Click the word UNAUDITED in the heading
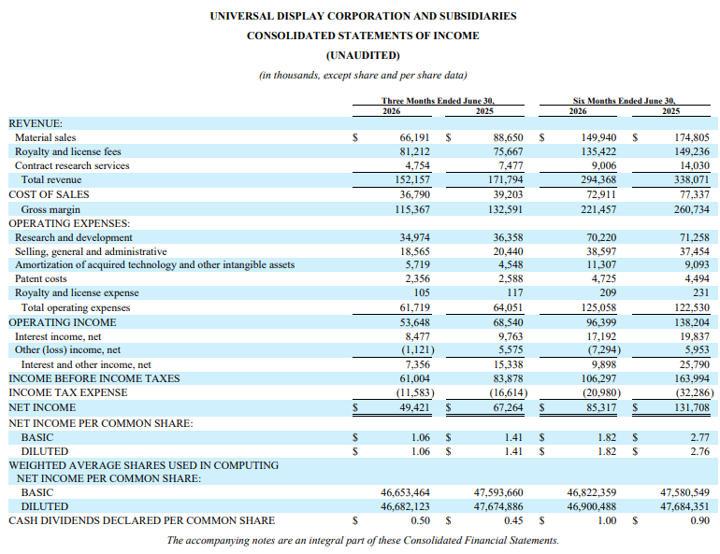click(x=363, y=55)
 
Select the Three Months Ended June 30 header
click(x=438, y=101)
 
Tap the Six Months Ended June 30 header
click(x=624, y=101)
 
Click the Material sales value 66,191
click(x=414, y=137)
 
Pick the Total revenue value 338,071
click(x=692, y=179)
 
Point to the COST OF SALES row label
click(x=49, y=194)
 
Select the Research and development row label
click(x=74, y=237)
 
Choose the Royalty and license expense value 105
click(x=422, y=292)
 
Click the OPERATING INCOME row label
click(x=63, y=322)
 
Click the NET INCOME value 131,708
click(x=692, y=407)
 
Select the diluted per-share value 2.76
click(x=699, y=451)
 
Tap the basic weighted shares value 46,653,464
click(x=405, y=492)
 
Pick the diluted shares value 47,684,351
click(x=684, y=506)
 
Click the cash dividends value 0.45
click(x=513, y=520)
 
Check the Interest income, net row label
click(x=58, y=336)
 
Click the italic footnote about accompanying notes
click(x=363, y=540)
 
